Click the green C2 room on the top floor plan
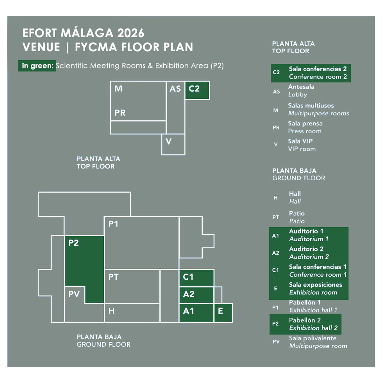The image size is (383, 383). [197, 90]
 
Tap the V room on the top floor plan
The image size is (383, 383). [173, 144]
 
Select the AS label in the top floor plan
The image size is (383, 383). [175, 89]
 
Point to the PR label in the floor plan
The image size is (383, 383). [120, 113]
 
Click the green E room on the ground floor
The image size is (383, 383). [223, 313]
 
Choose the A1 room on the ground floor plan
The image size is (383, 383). [196, 313]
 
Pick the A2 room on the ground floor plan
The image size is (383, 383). [196, 295]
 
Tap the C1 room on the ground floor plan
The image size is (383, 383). [196, 278]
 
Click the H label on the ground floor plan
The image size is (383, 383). [111, 311]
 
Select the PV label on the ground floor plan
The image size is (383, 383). [74, 294]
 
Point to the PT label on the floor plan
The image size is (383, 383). [113, 277]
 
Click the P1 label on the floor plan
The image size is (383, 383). [113, 224]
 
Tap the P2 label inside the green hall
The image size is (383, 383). [73, 243]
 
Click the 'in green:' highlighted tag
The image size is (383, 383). [37, 66]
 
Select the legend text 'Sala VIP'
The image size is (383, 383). [300, 141]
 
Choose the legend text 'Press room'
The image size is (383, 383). [305, 131]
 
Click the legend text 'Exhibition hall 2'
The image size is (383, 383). [313, 328]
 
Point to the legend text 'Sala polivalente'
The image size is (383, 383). [313, 338]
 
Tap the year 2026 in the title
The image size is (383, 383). [131, 33]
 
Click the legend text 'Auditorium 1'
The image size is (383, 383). [309, 239]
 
